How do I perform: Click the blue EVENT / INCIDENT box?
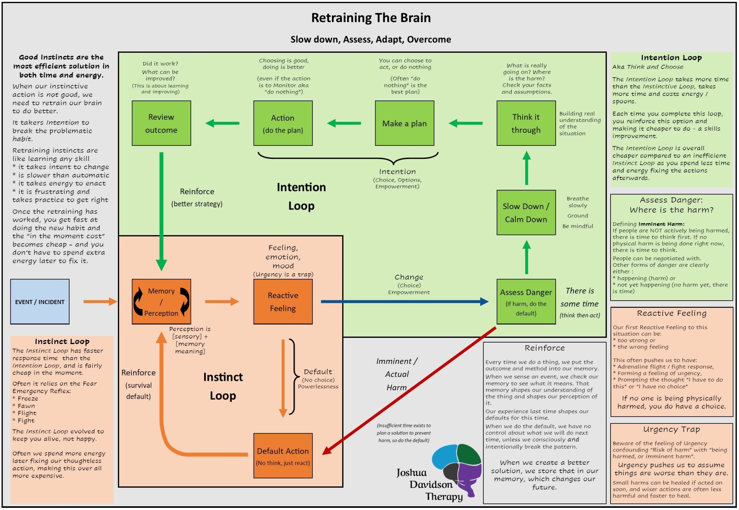(x=40, y=302)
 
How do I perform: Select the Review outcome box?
(x=161, y=123)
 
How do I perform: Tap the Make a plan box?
(x=405, y=123)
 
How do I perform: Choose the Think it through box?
(x=526, y=123)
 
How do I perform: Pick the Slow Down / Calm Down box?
(x=526, y=213)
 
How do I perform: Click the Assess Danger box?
(x=526, y=302)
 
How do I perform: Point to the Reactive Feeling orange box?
(x=283, y=302)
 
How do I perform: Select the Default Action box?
(x=283, y=456)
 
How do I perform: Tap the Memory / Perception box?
(x=161, y=302)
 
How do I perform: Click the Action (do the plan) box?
(x=283, y=123)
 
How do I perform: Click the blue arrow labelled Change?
(x=405, y=302)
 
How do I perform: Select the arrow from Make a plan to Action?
(x=344, y=123)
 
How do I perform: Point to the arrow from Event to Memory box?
(x=100, y=302)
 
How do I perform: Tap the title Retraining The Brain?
(x=371, y=18)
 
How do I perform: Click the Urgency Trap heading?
(x=672, y=430)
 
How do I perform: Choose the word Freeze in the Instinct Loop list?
(x=28, y=398)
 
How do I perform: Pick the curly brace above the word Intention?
(x=348, y=158)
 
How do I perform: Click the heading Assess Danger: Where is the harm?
(x=672, y=205)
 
